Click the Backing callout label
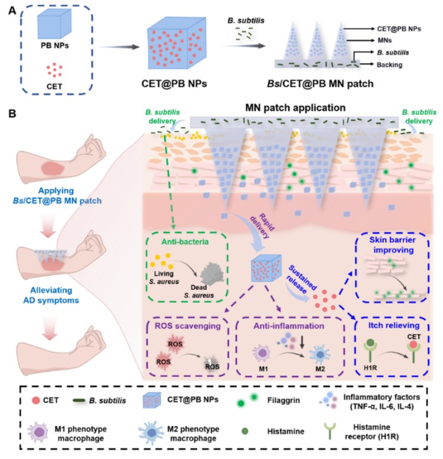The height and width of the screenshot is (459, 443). (389, 64)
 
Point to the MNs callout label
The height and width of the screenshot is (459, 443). (385, 41)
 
